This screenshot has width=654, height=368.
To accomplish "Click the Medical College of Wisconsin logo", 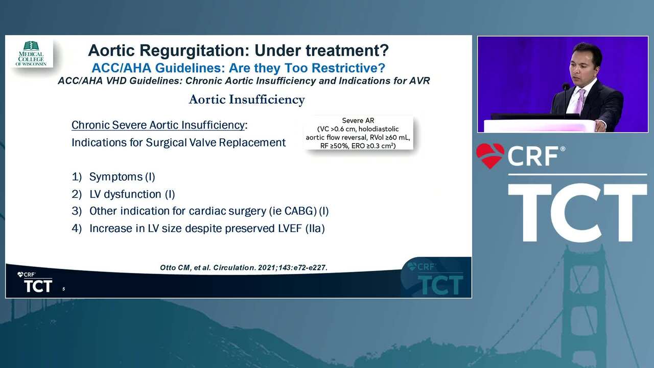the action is tap(31, 54).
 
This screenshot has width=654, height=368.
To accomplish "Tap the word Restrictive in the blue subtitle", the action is tap(348, 68).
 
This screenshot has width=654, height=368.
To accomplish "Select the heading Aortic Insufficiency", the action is tap(247, 100).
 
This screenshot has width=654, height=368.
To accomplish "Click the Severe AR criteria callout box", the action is tap(358, 133).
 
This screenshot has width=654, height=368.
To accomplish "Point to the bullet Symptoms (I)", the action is tap(122, 177).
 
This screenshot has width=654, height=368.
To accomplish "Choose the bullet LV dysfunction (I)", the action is tap(132, 194).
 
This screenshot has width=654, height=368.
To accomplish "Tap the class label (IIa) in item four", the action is tap(315, 228).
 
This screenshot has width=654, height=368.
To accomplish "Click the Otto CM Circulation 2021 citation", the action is tap(244, 267).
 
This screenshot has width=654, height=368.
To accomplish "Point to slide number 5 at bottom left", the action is tap(64, 289).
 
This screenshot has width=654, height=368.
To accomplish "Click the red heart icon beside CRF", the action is tap(490, 155).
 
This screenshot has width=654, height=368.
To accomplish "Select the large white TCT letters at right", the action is tap(577, 212).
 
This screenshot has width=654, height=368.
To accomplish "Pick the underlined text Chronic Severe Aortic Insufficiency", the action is tap(158, 125).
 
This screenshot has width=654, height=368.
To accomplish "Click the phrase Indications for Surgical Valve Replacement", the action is tap(178, 143).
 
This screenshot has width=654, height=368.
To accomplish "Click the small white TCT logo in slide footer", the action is tap(35, 283).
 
